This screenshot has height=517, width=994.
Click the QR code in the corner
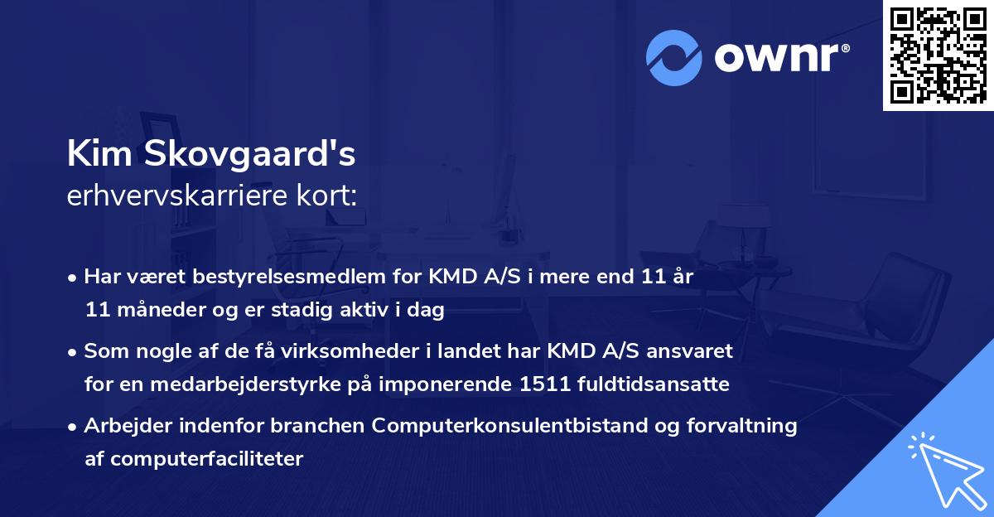pos(938,55)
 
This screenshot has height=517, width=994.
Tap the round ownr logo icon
pos(674,58)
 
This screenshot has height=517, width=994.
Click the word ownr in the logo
pos(780,58)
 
